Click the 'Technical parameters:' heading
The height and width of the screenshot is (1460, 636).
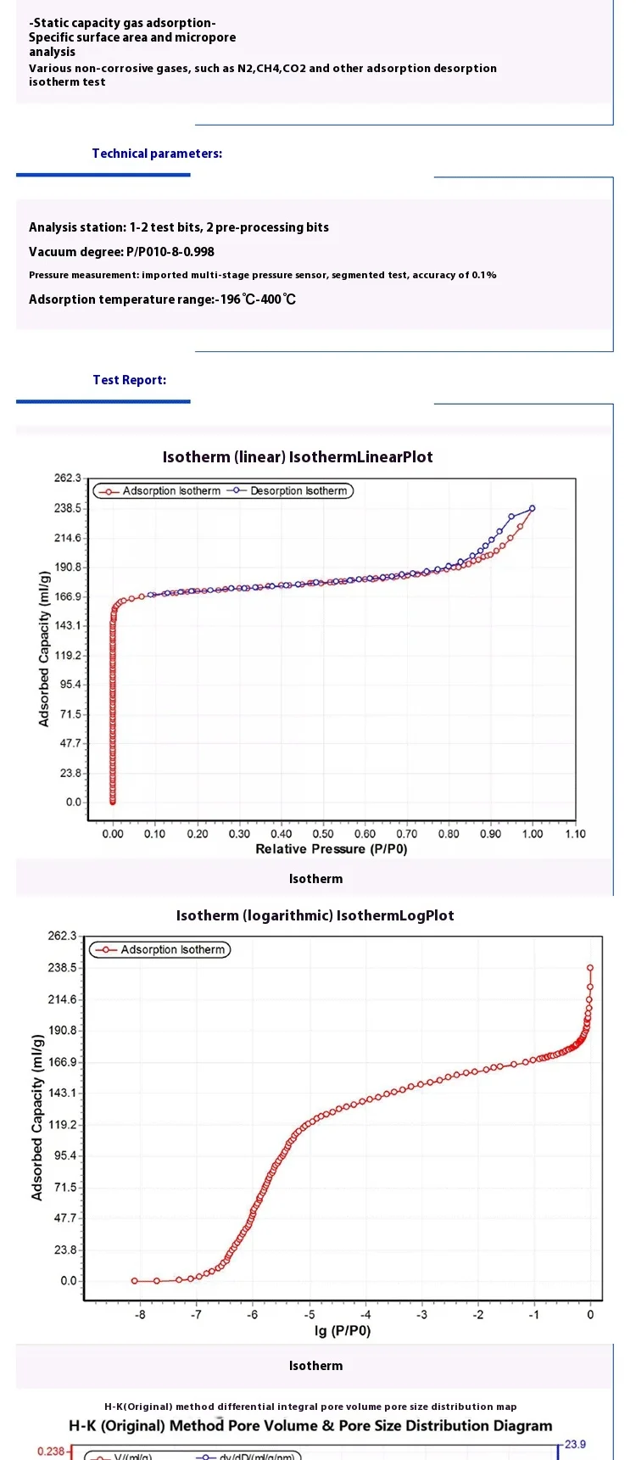[157, 154]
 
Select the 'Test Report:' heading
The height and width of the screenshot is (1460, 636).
[130, 380]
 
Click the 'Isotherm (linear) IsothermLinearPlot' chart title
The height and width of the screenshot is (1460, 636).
[298, 457]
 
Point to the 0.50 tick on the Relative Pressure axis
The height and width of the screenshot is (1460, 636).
[323, 834]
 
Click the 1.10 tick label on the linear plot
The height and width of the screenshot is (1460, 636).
[575, 834]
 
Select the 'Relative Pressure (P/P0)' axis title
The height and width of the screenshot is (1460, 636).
[332, 849]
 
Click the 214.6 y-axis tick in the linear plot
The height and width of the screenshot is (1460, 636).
[68, 538]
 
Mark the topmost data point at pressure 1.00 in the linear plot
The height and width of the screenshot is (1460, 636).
[533, 508]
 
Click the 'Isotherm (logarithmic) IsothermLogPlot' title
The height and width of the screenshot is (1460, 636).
[315, 916]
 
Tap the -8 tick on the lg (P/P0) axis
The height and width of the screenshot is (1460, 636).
[140, 1315]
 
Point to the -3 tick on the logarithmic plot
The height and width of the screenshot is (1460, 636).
[421, 1315]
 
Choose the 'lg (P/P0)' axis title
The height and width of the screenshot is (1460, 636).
[343, 1330]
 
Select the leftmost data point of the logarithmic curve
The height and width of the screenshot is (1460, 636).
[135, 1281]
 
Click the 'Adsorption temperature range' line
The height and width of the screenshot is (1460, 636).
[162, 299]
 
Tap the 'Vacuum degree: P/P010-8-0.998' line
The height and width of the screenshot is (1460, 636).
[121, 252]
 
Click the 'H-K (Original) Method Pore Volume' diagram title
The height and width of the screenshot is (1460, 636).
[310, 1426]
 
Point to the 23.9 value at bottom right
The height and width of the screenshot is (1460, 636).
[575, 1445]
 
